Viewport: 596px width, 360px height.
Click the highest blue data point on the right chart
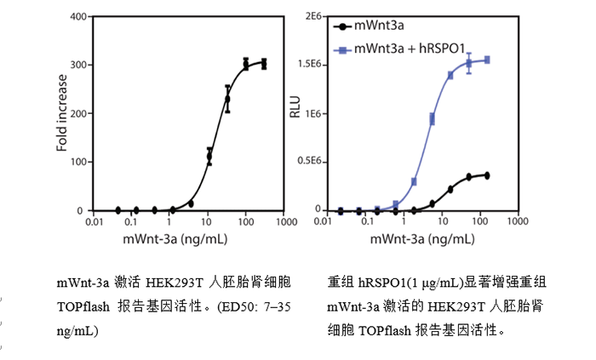pos(488,60)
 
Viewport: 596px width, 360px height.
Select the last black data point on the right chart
pos(488,175)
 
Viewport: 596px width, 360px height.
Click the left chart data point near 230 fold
pos(227,99)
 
